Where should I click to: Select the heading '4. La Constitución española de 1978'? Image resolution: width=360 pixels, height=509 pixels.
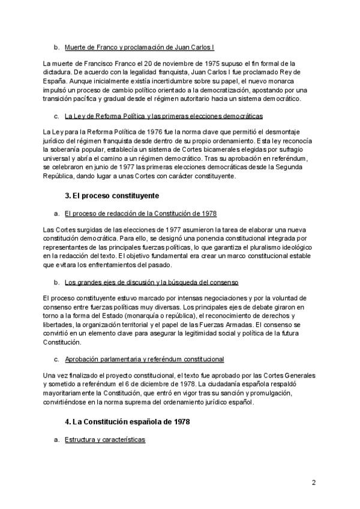[127, 422]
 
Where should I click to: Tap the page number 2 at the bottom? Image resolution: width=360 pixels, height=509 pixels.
[313, 482]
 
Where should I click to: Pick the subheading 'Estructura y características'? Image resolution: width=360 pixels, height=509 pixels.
[104, 440]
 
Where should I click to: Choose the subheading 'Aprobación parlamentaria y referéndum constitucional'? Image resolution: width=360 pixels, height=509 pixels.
[144, 359]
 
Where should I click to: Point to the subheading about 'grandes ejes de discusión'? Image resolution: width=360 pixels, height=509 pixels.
[151, 282]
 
